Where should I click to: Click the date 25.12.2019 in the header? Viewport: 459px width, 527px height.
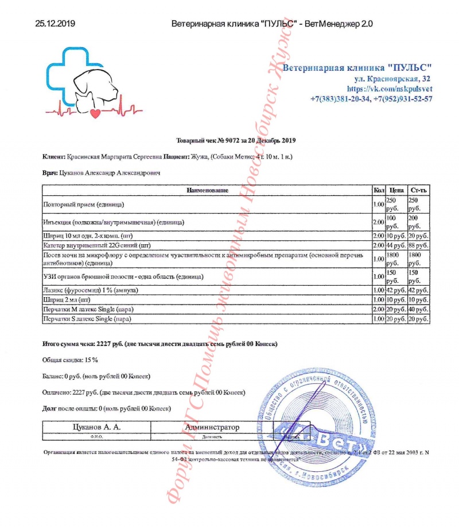tap(55, 24)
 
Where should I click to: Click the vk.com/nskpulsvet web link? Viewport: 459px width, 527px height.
tap(390, 89)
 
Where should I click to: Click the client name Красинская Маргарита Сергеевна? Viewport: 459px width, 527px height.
tap(115, 156)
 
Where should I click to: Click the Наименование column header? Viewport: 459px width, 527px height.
tap(207, 190)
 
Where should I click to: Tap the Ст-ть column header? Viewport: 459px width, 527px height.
tap(418, 190)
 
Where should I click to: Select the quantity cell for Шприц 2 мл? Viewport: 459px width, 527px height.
tap(378, 299)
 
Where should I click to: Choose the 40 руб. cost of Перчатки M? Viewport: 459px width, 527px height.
tap(418, 309)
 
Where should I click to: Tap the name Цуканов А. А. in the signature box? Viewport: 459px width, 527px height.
tap(96, 427)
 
